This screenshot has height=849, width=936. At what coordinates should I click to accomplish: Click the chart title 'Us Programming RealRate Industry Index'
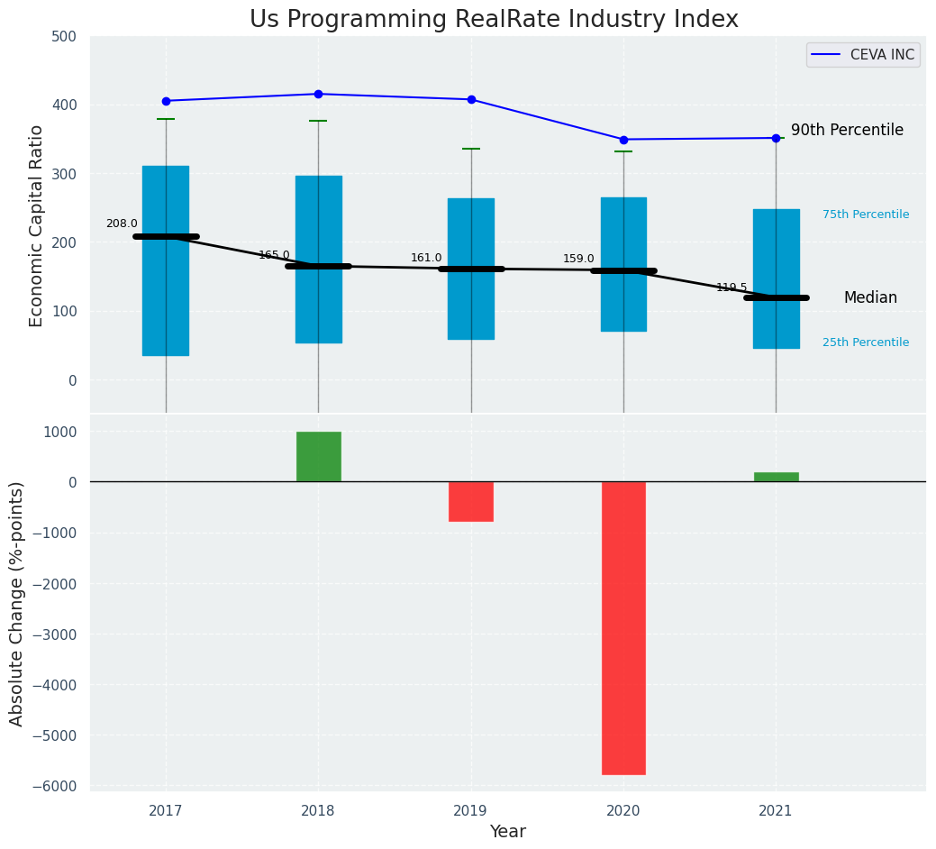[x=494, y=20]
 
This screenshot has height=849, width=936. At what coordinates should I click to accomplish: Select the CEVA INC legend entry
[x=863, y=55]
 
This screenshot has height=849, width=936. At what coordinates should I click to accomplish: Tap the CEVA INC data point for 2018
[x=318, y=94]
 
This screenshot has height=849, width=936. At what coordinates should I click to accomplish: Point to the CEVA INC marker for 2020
[x=623, y=140]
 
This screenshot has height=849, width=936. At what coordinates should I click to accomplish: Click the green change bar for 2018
[x=319, y=456]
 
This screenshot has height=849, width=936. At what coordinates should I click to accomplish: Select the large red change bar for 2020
[x=623, y=627]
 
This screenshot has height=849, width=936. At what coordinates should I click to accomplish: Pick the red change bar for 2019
[x=471, y=501]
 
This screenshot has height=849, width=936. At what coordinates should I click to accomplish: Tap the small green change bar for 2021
[x=776, y=477]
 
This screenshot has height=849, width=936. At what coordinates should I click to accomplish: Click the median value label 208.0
[x=122, y=224]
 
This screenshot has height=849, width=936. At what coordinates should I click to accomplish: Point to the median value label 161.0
[x=426, y=258]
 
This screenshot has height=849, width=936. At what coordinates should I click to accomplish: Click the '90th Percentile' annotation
[x=847, y=130]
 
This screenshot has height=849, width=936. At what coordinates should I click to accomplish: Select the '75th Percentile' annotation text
[x=865, y=215]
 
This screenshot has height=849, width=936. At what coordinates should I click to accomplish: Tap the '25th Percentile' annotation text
[x=865, y=342]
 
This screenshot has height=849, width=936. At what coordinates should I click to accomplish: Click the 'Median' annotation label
[x=870, y=297]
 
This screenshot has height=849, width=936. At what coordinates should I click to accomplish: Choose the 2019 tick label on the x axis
[x=471, y=810]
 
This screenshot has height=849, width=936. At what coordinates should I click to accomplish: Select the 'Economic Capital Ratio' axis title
[x=37, y=225]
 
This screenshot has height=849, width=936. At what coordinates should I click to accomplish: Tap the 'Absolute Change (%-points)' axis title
[x=17, y=603]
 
